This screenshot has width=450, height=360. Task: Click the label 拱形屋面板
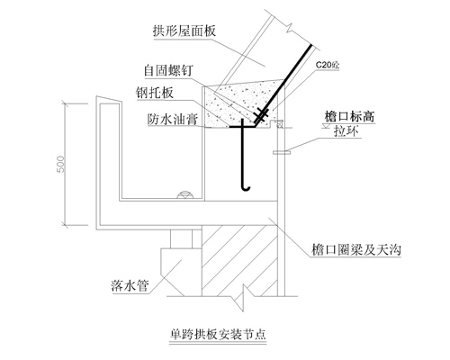point(184,31)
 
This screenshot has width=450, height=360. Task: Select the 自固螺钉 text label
point(168,71)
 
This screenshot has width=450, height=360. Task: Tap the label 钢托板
point(155,93)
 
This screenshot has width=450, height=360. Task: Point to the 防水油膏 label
point(173,119)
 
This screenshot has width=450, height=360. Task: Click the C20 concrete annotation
point(328,65)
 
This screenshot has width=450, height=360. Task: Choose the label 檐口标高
point(350,116)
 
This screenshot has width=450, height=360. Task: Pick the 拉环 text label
point(346,131)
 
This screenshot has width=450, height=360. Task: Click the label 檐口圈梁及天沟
point(356,249)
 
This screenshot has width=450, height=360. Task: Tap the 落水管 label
point(130,285)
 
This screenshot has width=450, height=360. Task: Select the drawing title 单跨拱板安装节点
point(218,334)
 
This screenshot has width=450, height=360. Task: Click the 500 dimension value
point(60,164)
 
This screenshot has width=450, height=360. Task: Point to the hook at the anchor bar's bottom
point(246,187)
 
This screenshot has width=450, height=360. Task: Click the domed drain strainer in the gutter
point(185,194)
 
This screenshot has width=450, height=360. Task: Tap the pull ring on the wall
point(282,153)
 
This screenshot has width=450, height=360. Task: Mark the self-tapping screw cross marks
point(260,114)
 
